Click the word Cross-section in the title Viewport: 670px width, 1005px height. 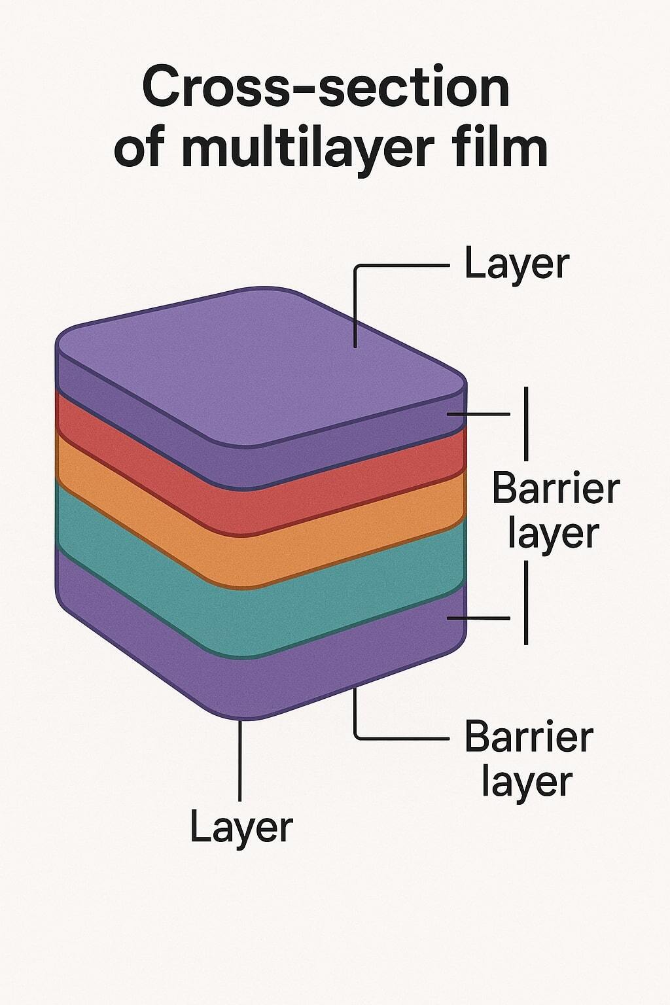325,88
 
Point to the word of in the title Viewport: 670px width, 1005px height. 139,149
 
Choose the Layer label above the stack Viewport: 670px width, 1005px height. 516,265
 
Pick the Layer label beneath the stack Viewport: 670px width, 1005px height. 241,827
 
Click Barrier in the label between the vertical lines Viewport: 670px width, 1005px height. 555,489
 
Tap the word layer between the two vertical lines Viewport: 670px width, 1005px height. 553,533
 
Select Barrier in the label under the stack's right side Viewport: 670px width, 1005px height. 529,737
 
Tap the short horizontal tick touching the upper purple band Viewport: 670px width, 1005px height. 481,414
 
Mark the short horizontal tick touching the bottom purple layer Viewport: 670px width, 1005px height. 481,618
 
